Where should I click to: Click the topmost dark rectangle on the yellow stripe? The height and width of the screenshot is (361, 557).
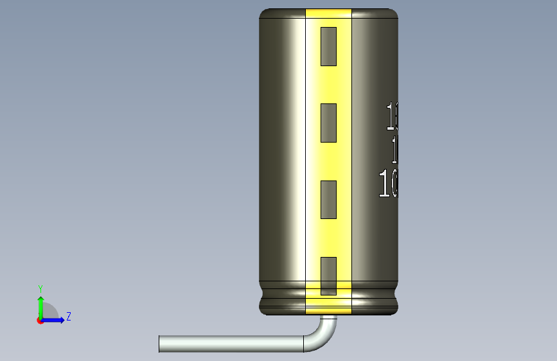(328, 46)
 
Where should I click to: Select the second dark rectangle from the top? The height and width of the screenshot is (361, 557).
(328, 123)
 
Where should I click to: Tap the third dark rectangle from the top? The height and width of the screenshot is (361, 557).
(328, 199)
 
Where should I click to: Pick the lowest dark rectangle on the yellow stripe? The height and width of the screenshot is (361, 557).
(328, 276)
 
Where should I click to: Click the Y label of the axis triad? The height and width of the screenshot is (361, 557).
(40, 288)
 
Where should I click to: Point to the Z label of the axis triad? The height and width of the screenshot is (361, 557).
(68, 317)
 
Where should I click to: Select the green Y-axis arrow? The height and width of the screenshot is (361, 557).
(40, 304)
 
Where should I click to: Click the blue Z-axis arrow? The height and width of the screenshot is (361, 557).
(55, 320)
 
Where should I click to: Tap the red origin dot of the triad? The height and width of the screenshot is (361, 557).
(40, 320)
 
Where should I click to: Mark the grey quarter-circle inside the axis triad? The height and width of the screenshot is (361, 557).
(49, 312)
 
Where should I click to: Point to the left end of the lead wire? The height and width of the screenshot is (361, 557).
(161, 344)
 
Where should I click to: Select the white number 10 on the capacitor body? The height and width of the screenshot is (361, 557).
(389, 184)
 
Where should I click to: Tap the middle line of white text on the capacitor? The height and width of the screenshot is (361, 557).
(394, 150)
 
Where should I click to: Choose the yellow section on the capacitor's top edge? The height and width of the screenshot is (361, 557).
(328, 13)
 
